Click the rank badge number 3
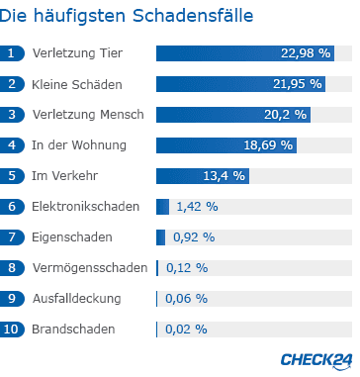[x=12, y=115]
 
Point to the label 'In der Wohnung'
[x=79, y=145]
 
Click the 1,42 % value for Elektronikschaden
[x=197, y=207]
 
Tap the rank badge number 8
[x=12, y=268]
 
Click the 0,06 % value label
[x=187, y=298]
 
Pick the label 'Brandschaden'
[x=73, y=329]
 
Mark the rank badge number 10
[x=12, y=329]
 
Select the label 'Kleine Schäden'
[x=77, y=84]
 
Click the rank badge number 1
[x=12, y=53]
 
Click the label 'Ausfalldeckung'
[x=76, y=298]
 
